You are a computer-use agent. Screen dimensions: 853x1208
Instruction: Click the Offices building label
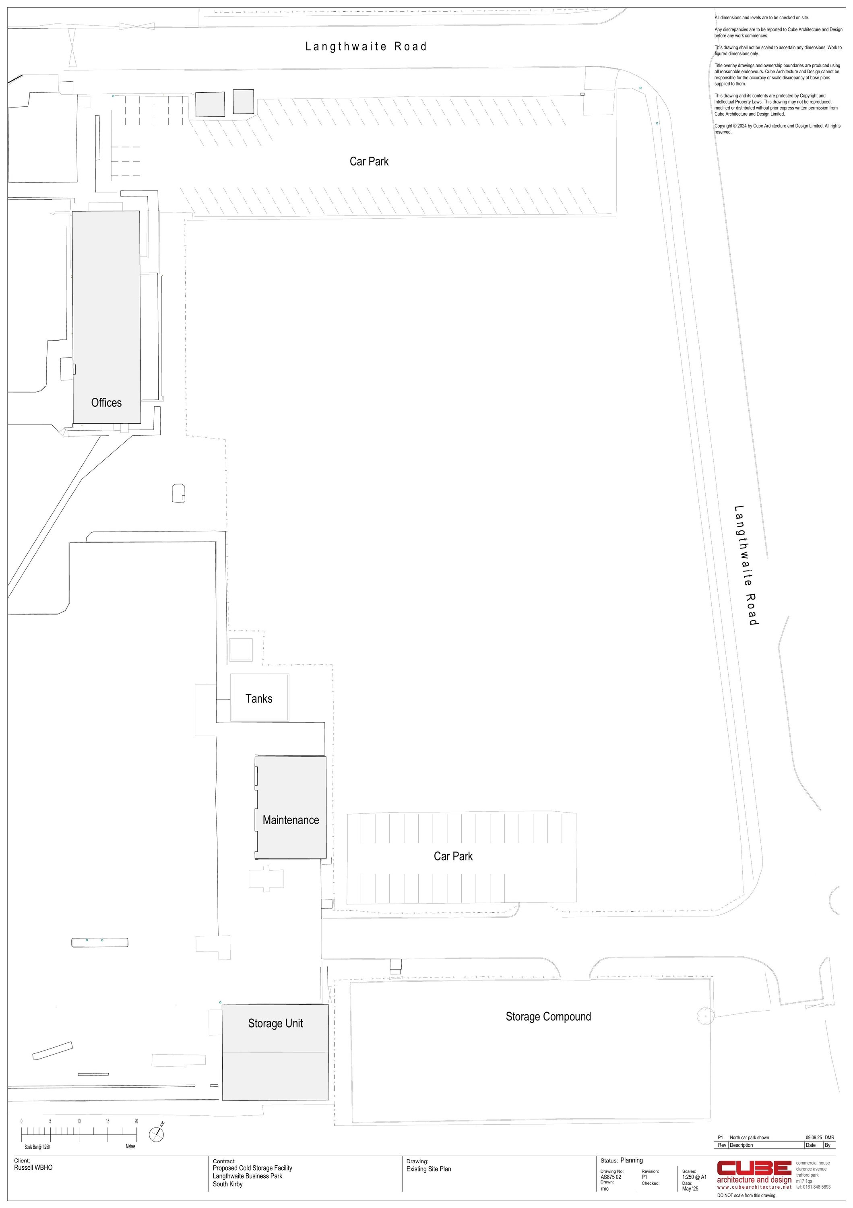(106, 403)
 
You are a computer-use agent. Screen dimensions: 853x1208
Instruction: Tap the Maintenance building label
(291, 820)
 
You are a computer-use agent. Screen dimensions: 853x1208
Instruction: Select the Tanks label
(259, 699)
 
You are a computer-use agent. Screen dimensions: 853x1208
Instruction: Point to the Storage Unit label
(276, 1023)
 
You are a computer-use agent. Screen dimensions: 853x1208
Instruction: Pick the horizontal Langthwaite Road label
(366, 46)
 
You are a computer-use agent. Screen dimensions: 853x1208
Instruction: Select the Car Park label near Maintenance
(453, 856)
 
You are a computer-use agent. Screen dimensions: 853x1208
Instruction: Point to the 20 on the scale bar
(136, 1121)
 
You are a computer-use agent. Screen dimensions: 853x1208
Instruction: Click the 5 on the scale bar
(50, 1121)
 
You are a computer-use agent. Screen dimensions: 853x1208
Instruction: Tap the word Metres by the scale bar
(130, 1146)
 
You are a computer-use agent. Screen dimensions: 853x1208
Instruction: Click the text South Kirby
(228, 1184)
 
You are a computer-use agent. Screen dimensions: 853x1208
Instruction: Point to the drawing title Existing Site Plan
(429, 1169)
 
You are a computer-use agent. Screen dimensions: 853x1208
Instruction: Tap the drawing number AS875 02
(611, 1177)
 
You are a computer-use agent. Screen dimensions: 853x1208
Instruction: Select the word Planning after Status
(632, 1160)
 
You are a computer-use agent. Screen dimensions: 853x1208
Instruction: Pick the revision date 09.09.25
(812, 1138)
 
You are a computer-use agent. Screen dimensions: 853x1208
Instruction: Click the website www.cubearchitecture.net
(754, 1187)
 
